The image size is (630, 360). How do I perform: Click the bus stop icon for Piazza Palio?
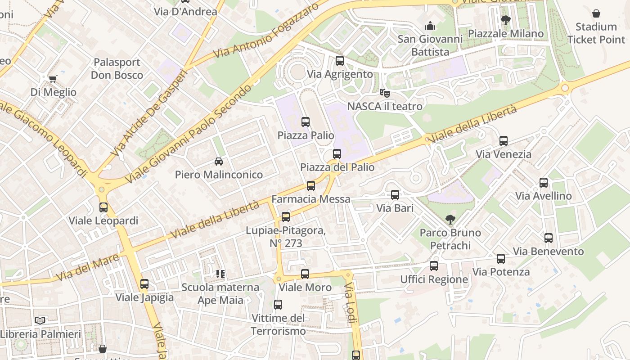point(306,121)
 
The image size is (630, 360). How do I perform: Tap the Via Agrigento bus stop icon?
point(340,60)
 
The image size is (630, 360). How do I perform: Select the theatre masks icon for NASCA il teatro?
point(384,93)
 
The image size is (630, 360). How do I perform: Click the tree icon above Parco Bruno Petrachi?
point(450,219)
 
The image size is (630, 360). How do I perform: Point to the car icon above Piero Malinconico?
point(219,161)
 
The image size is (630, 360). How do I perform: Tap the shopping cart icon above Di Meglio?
point(53,79)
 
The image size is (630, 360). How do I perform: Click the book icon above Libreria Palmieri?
point(40,320)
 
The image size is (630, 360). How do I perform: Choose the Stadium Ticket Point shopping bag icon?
point(596,13)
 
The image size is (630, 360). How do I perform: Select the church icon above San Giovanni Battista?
point(430,25)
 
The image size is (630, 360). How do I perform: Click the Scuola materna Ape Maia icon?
point(220,274)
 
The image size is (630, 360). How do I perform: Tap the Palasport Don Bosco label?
point(117,68)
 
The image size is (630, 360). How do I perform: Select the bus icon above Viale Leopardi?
point(103,207)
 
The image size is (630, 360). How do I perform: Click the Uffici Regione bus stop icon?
point(434,266)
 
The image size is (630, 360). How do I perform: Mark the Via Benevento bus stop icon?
point(549,238)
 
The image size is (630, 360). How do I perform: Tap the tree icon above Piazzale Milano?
point(505,20)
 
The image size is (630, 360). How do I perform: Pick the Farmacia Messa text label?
point(310,199)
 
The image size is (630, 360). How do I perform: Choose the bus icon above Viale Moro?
point(305,274)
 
